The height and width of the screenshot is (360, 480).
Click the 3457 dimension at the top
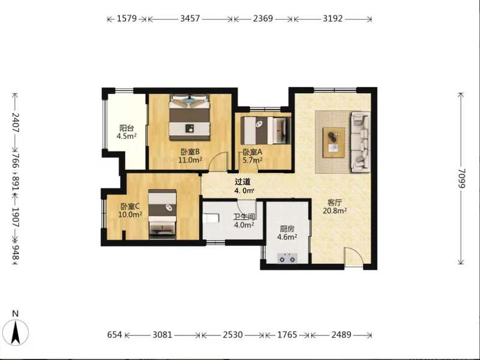190,19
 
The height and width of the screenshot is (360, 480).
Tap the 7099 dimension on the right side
461,179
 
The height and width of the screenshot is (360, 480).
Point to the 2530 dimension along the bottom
233,335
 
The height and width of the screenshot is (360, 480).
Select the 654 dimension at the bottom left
115,335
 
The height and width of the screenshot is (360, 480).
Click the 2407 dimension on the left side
16,122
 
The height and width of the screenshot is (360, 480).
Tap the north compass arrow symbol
16,332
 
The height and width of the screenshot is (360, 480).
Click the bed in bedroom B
190,117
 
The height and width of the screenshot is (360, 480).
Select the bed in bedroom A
266,130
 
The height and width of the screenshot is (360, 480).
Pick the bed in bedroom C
162,214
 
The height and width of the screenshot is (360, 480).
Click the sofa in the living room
361,142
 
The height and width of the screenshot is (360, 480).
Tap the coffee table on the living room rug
334,143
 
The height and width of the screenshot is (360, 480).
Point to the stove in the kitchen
287,258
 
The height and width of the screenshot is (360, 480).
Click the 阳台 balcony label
127,128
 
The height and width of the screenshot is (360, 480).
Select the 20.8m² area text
335,211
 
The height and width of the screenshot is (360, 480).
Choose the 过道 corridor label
242,182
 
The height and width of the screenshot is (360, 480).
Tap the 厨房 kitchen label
287,229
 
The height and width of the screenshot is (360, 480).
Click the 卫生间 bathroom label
244,217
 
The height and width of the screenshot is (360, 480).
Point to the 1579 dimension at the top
127,19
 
